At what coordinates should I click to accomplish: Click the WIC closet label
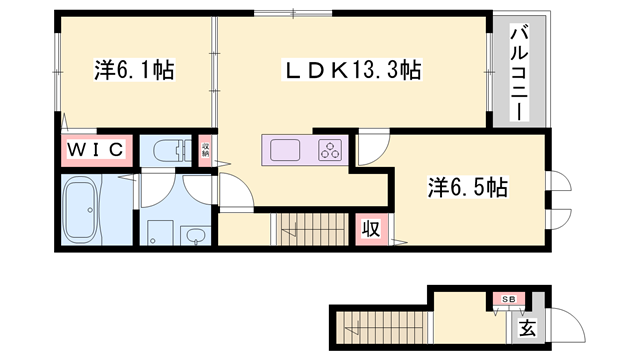(96, 150)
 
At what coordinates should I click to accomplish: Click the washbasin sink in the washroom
(197, 236)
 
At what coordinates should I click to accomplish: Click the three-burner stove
(330, 151)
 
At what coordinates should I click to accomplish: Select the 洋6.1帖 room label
(122, 71)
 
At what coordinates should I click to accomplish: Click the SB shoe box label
(508, 299)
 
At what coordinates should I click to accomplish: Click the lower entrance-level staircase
(380, 325)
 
